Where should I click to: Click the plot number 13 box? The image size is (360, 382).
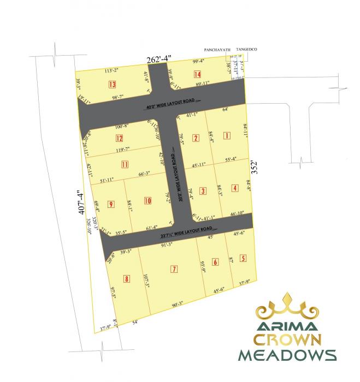[x=111, y=85]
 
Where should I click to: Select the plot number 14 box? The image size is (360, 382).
[x=197, y=75]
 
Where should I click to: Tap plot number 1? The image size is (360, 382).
[x=227, y=135]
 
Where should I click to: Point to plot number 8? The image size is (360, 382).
[x=127, y=279]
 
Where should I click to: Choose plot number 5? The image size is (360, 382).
[x=243, y=258]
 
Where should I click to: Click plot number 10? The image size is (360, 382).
[x=147, y=201]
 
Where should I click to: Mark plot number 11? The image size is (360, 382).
[x=125, y=164]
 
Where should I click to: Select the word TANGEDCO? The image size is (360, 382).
[x=246, y=50]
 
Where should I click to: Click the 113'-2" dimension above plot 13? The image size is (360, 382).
[x=111, y=70]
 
